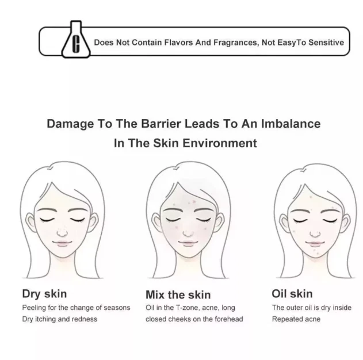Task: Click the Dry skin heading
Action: pyautogui.click(x=44, y=294)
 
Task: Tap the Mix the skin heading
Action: pyautogui.click(x=178, y=294)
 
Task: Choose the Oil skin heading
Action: pyautogui.click(x=292, y=294)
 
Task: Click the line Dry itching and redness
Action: pyautogui.click(x=60, y=319)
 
